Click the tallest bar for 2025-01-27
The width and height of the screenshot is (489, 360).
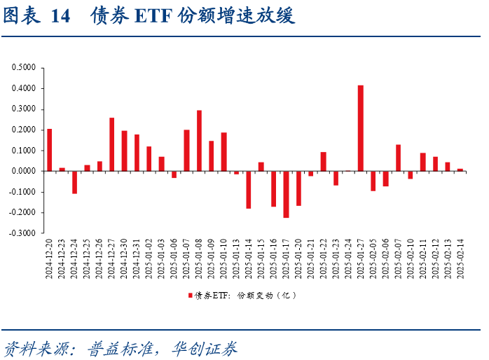click(x=361, y=128)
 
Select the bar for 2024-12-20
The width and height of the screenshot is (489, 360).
click(x=50, y=150)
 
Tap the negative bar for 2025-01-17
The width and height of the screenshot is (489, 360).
click(x=286, y=194)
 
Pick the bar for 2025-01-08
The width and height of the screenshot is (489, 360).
click(x=199, y=141)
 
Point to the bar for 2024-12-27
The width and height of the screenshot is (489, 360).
click(x=112, y=144)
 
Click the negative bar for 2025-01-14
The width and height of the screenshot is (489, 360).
click(x=249, y=189)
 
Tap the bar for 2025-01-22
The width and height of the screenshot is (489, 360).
click(x=324, y=161)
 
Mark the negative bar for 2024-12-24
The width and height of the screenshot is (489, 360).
click(x=74, y=182)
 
